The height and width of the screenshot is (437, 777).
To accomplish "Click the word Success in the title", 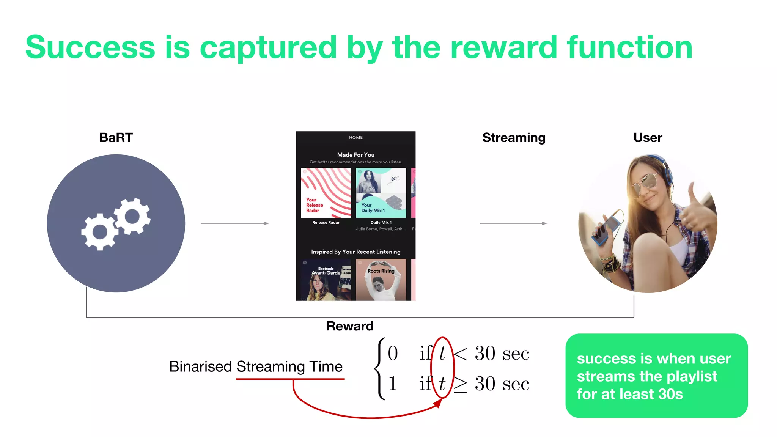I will (90, 47).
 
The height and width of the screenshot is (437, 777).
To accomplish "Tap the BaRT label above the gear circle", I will (116, 137).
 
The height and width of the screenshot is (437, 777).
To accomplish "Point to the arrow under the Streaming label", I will (513, 223).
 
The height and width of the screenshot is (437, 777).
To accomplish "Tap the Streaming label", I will (513, 137).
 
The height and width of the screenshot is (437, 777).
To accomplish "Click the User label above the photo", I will (647, 137).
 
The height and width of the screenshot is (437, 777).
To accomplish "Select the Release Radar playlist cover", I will (326, 193).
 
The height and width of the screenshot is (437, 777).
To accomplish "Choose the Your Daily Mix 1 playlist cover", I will (381, 193).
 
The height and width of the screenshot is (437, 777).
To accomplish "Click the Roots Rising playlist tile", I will (381, 280).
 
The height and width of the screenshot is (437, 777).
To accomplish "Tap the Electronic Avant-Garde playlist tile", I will (326, 280).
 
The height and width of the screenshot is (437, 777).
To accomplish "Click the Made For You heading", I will (355, 155).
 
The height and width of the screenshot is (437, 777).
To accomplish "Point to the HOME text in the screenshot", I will (355, 137).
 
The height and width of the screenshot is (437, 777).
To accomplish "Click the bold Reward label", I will (350, 326).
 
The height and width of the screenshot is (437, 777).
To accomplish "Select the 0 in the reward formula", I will (393, 353).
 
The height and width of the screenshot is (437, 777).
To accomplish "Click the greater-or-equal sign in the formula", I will (460, 384).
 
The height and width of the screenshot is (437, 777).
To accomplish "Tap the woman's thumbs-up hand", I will (696, 208).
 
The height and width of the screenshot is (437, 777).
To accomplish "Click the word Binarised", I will (200, 366).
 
